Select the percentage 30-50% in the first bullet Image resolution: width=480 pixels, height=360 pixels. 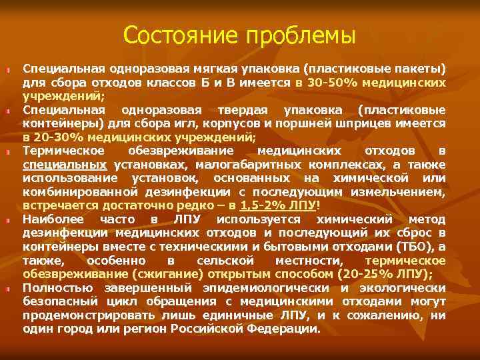[x=329, y=83]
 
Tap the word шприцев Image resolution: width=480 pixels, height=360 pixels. [x=355, y=125]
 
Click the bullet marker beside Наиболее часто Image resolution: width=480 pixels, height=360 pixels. [x=8, y=220]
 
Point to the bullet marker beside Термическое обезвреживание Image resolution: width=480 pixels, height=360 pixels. [x=8, y=151]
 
